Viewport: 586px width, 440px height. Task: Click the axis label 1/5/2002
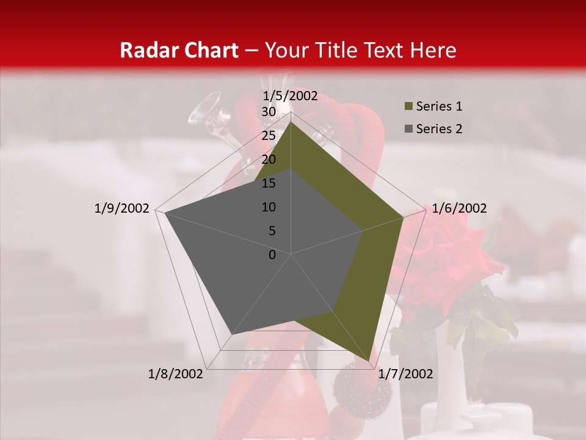pyautogui.click(x=291, y=95)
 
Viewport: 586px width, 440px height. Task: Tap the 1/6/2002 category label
pyautogui.click(x=459, y=208)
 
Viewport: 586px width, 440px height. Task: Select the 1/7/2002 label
pyautogui.click(x=405, y=374)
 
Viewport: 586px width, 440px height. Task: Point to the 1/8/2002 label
pyautogui.click(x=176, y=374)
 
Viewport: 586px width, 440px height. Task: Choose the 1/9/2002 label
pyautogui.click(x=121, y=208)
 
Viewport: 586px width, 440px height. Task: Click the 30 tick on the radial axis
pyautogui.click(x=268, y=112)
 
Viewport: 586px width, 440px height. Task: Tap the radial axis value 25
pyautogui.click(x=268, y=136)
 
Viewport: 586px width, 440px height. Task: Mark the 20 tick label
pyautogui.click(x=268, y=159)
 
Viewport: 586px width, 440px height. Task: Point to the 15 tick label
pyautogui.click(x=268, y=183)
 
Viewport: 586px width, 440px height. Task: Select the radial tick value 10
pyautogui.click(x=268, y=207)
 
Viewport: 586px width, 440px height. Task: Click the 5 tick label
pyautogui.click(x=272, y=231)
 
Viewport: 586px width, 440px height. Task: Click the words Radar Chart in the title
pyautogui.click(x=179, y=50)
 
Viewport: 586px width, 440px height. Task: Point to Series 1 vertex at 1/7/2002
pyautogui.click(x=369, y=361)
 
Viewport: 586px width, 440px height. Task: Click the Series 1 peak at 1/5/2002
pyautogui.click(x=291, y=122)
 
